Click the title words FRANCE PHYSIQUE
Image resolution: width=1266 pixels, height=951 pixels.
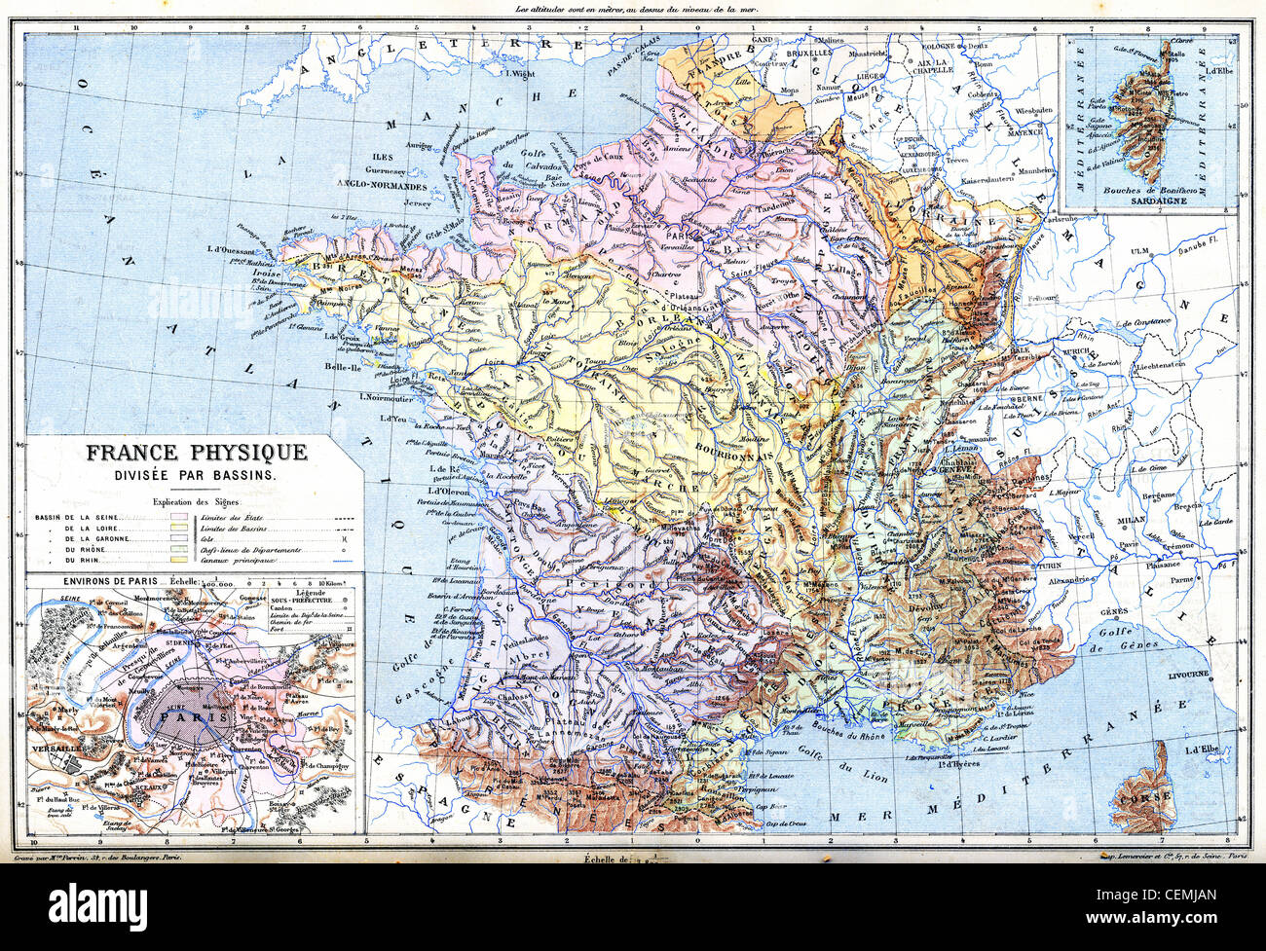point(197,453)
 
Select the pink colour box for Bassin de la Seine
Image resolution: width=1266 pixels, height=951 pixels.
point(178,517)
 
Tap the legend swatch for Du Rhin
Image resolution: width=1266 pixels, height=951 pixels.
point(178,562)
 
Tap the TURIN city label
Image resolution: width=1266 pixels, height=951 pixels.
point(1048,566)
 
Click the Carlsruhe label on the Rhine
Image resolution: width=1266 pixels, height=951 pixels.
point(1063,220)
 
